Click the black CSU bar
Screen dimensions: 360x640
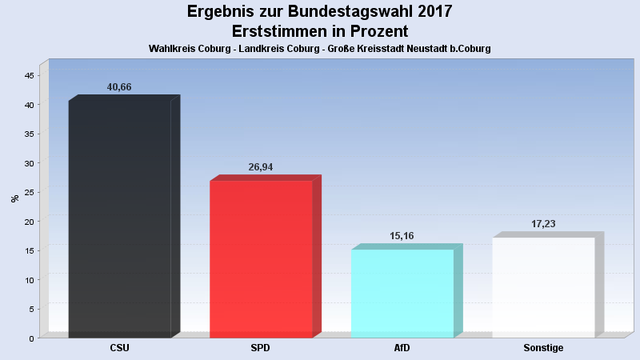pos(120,218)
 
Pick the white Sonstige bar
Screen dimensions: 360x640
pos(543,287)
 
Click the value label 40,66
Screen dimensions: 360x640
pos(119,87)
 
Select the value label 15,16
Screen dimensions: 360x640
pos(402,236)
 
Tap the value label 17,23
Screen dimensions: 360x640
pos(543,224)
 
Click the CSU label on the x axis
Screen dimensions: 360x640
pos(119,348)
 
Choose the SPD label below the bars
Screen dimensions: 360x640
pos(261,348)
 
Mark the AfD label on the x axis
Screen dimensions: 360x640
pos(402,348)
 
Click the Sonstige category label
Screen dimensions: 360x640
pos(543,348)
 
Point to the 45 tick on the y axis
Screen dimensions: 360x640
pos(29,76)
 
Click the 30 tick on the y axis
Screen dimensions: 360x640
pos(29,163)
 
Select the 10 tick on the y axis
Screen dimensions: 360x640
pos(29,280)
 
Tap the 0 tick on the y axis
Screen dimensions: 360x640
pos(31,338)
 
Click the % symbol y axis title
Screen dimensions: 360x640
pos(14,198)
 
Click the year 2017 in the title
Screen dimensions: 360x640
pos(434,11)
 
